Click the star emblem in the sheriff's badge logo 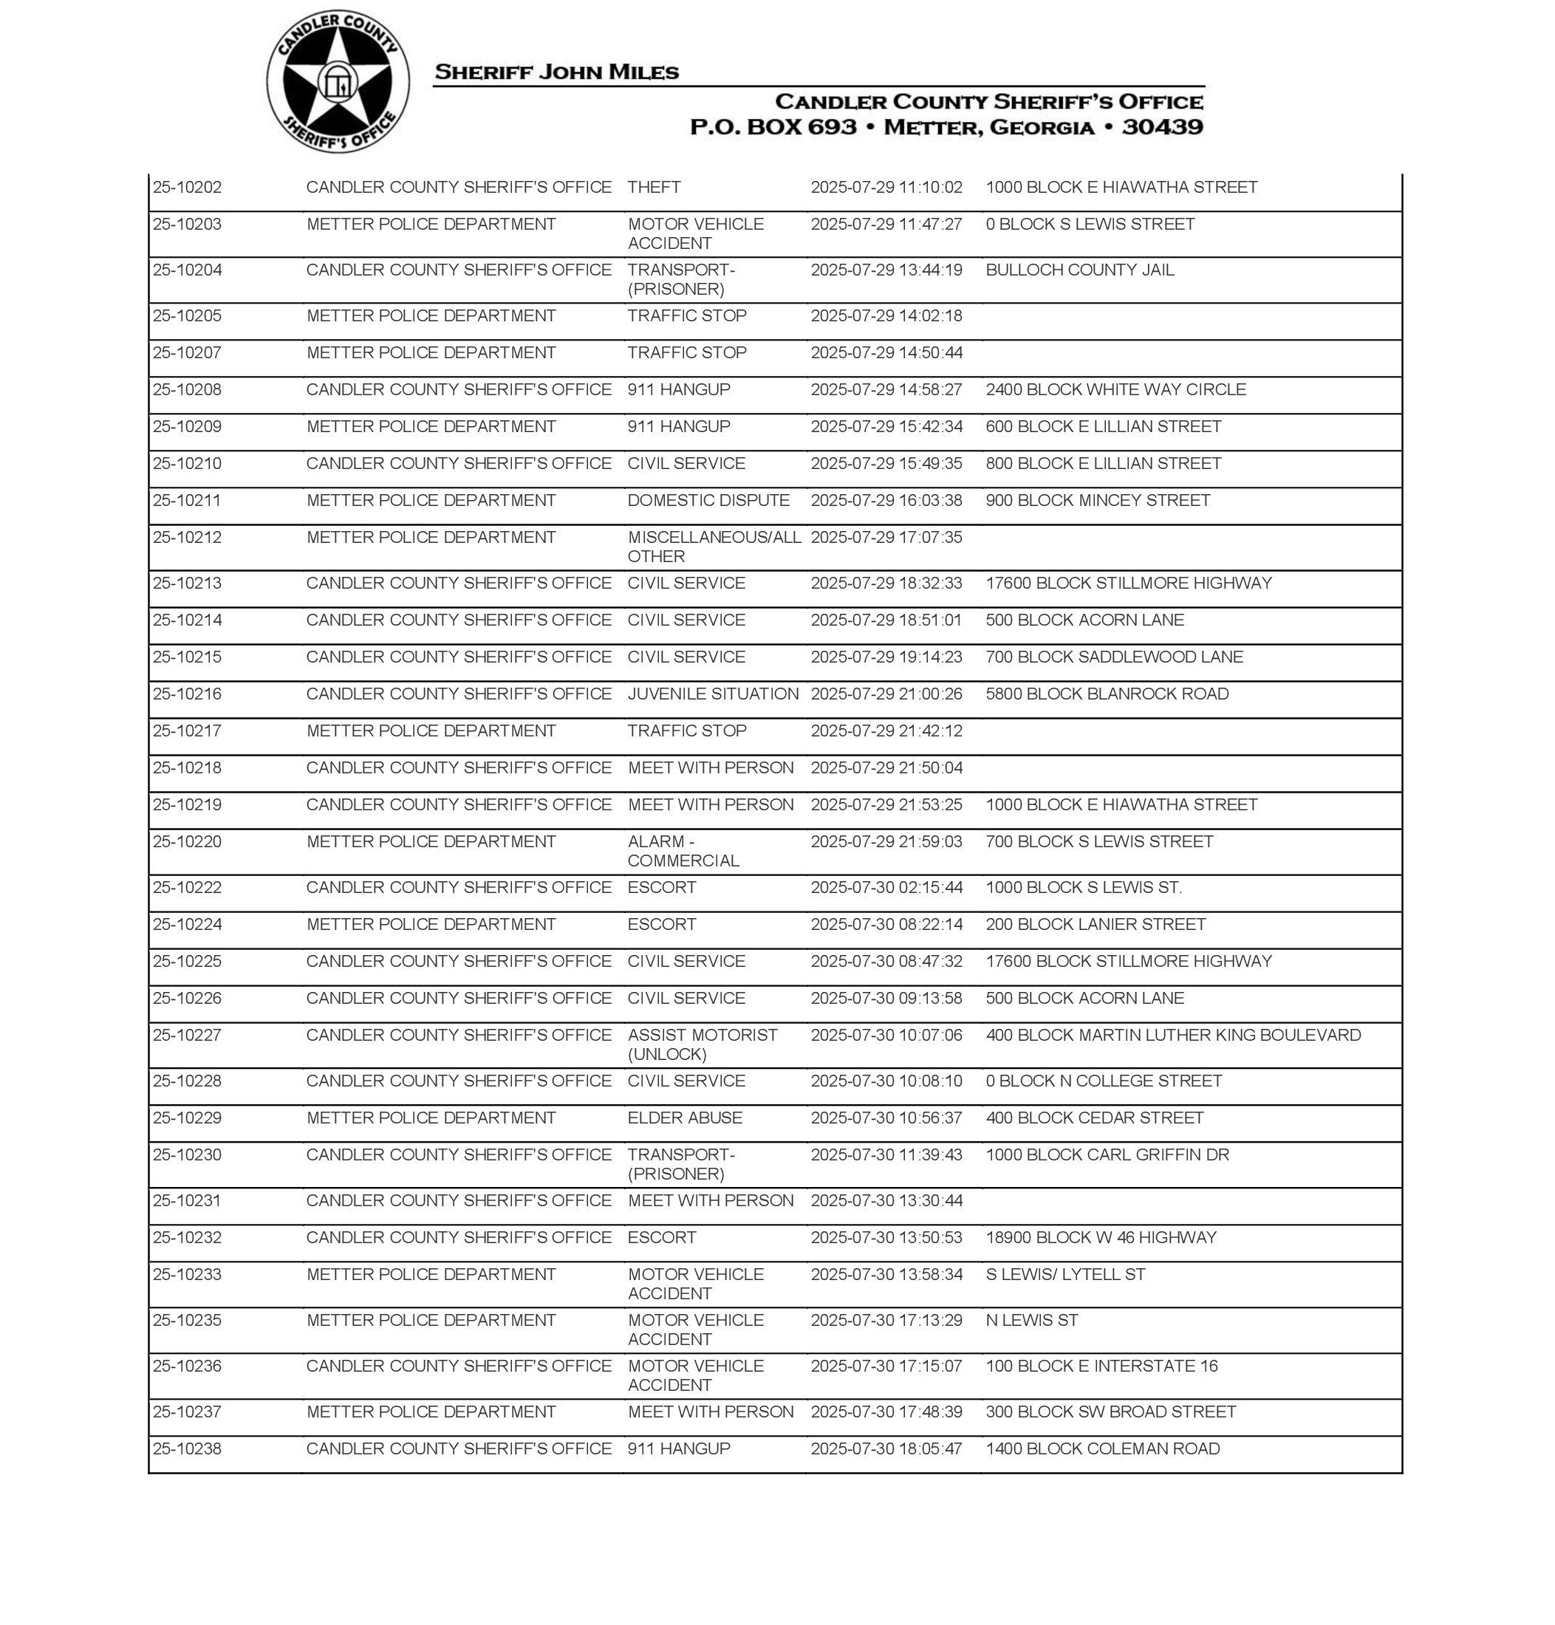pos(338,82)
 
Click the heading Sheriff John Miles pos(556,72)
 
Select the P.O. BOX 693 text pos(773,128)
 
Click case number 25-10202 pos(188,188)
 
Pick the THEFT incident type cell pos(654,188)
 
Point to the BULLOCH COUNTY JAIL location pos(1079,270)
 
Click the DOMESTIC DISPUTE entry pos(708,501)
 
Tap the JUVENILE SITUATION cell pos(713,694)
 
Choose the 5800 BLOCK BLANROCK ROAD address pos(1107,694)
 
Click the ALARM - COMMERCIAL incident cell pos(683,851)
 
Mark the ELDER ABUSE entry pos(685,1118)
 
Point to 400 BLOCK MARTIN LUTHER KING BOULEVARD pos(1173,1035)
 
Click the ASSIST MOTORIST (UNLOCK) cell pos(702,1044)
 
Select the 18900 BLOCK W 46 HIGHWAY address pos(1101,1237)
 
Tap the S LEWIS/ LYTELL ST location pos(1065,1274)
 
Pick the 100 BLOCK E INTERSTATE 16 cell pos(1101,1366)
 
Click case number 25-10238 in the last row pos(188,1448)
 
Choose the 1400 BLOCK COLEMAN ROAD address pos(1102,1448)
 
